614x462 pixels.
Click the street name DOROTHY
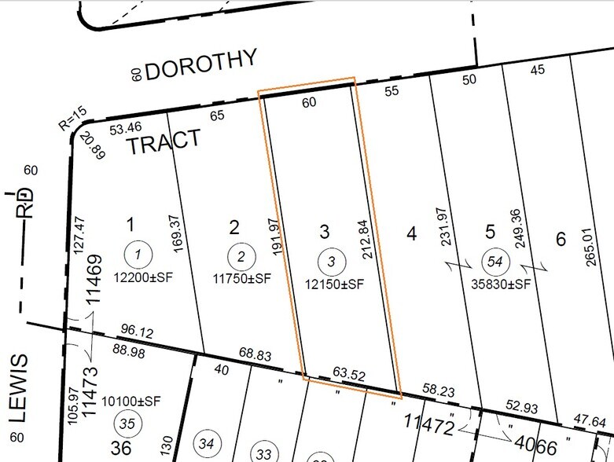pos(201,64)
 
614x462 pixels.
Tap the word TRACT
pos(164,144)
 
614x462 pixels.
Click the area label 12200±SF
pos(138,277)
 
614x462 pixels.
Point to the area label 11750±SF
pos(241,277)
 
